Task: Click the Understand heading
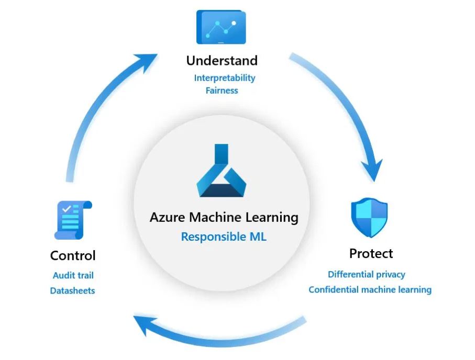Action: [x=222, y=60]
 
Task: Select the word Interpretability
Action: [x=225, y=78]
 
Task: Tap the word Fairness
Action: [x=222, y=91]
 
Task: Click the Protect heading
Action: [x=371, y=254]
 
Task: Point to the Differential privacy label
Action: [x=367, y=274]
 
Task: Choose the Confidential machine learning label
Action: [x=370, y=289]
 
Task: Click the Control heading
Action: [x=73, y=256]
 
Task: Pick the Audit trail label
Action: [x=73, y=275]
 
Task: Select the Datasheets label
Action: [x=73, y=290]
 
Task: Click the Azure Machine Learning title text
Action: [x=224, y=217]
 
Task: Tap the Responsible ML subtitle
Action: [x=224, y=237]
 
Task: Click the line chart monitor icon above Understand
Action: [x=220, y=27]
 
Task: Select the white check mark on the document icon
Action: [x=67, y=209]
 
